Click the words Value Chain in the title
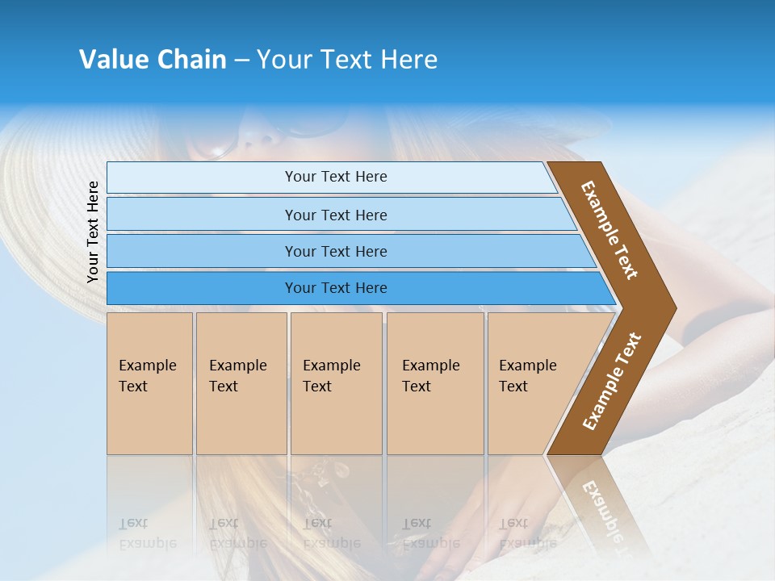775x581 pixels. pos(153,60)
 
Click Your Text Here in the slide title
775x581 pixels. pos(347,60)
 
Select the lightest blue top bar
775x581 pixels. pos(331,177)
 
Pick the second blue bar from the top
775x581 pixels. pos(335,215)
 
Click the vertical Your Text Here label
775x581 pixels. pos(93,232)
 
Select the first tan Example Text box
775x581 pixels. pos(149,383)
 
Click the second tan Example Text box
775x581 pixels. pos(241,383)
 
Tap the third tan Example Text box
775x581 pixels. pos(335,383)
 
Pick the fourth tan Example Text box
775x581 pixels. pos(434,383)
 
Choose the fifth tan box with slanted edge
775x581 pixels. pos(533,383)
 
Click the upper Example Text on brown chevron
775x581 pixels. pos(610,230)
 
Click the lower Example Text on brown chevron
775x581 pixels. pos(612,381)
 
